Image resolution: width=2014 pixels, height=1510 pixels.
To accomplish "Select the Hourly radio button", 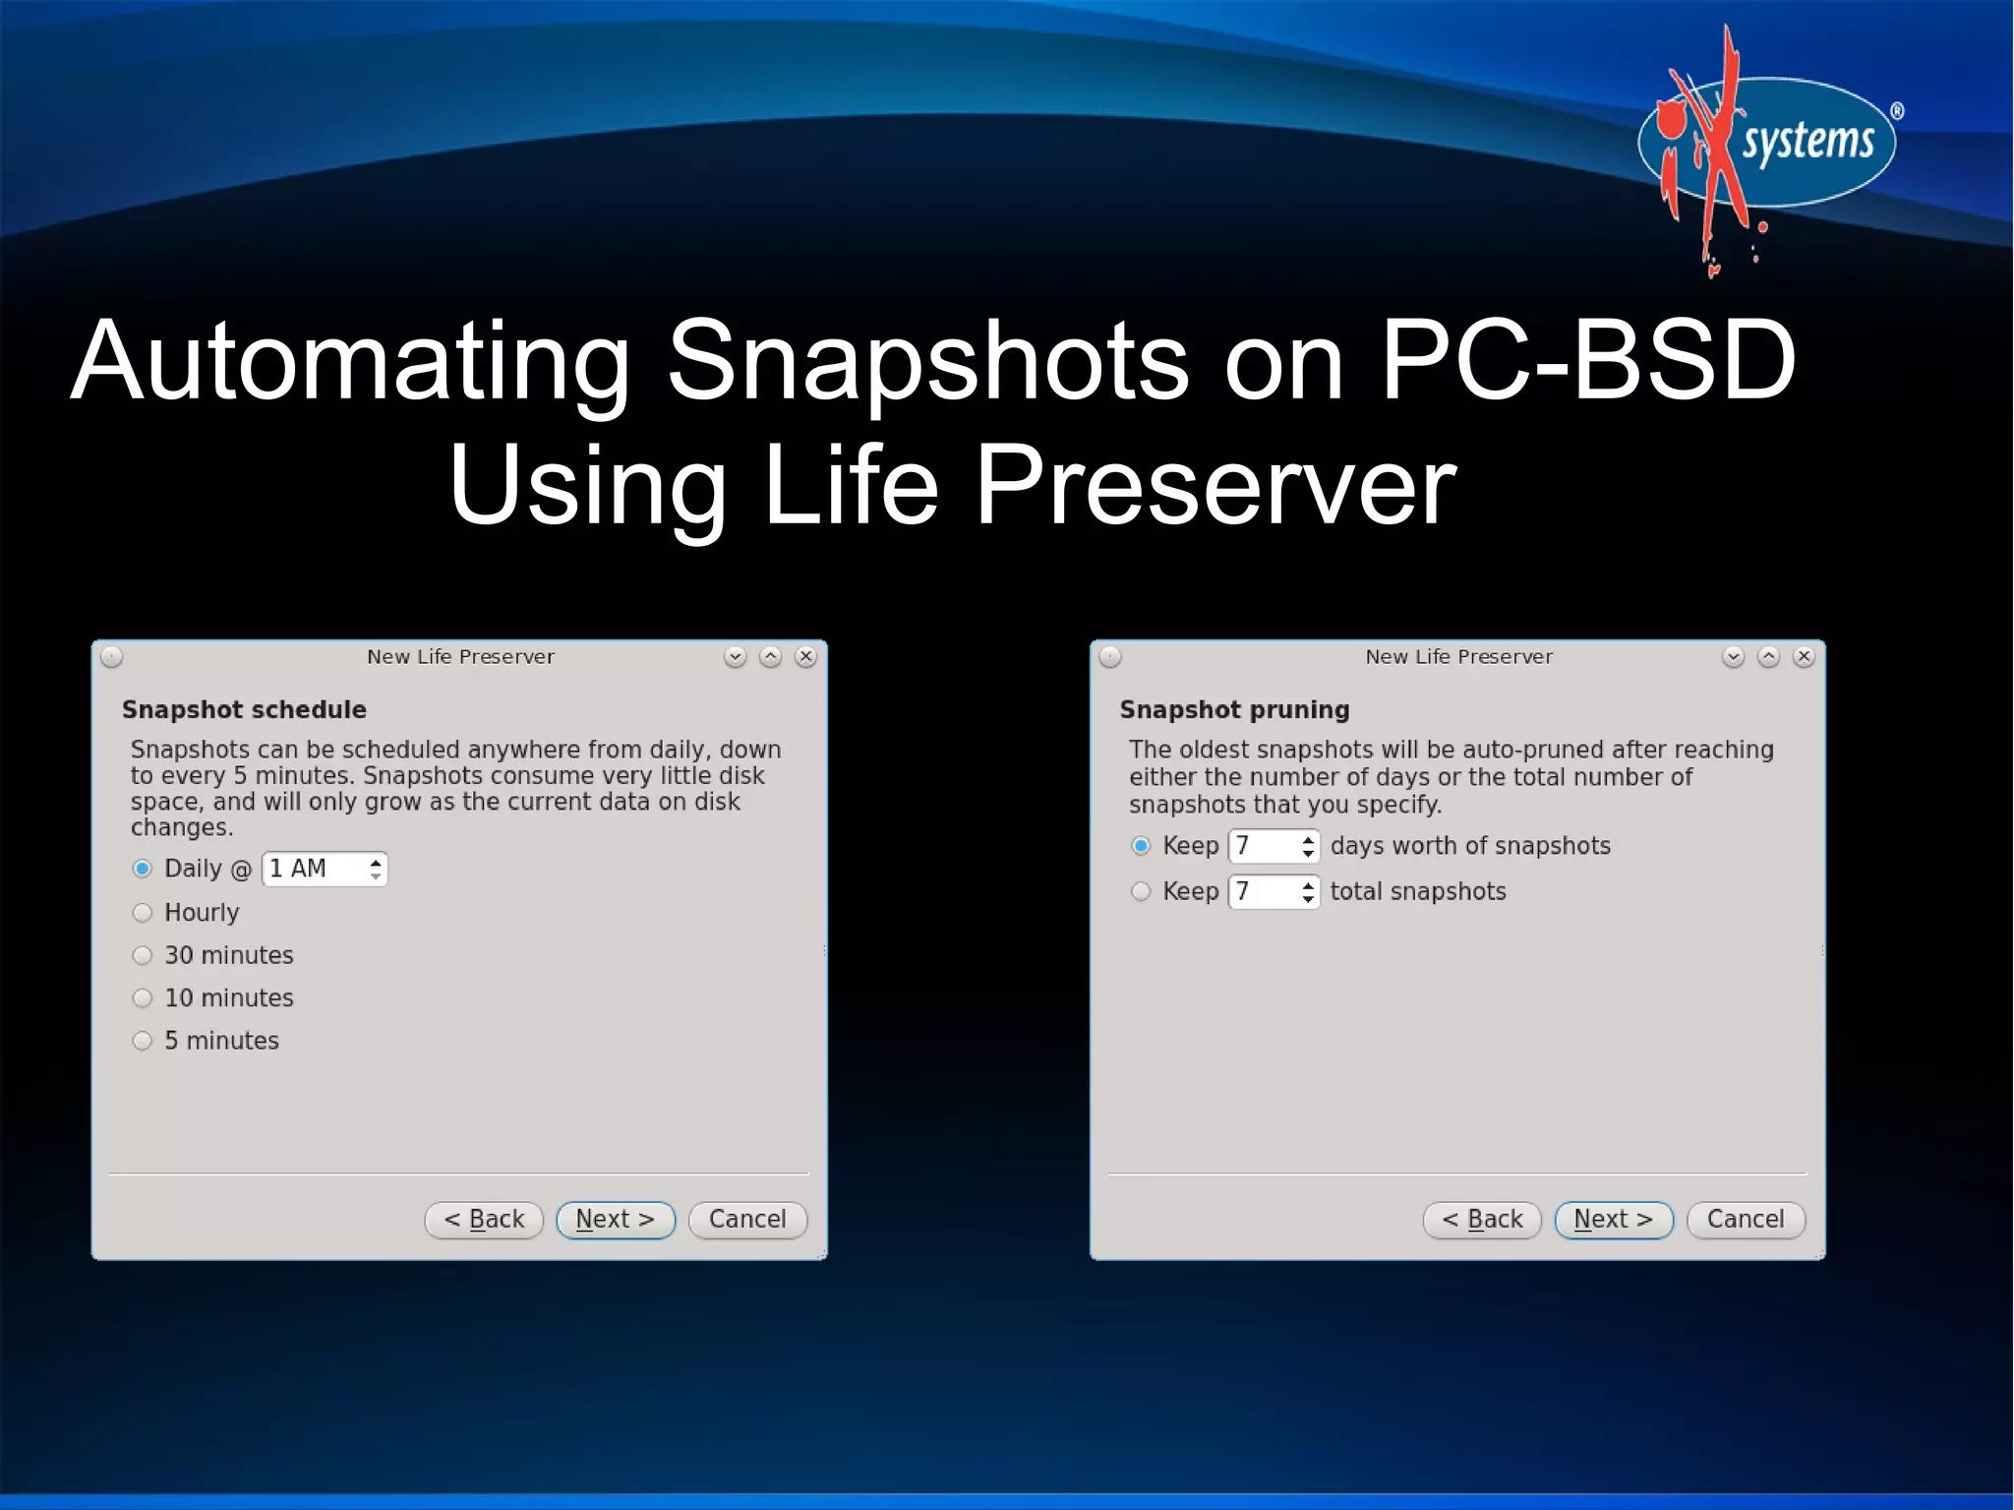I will point(143,913).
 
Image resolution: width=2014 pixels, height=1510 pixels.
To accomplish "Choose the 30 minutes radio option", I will point(143,955).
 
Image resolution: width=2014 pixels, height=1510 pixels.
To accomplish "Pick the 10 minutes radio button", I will point(143,998).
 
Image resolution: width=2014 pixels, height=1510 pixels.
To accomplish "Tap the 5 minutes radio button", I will point(143,1041).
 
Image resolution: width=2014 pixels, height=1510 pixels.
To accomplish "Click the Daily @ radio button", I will point(143,869).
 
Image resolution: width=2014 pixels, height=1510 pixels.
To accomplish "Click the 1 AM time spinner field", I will point(315,869).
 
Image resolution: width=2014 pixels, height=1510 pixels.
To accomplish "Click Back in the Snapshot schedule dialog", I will point(484,1220).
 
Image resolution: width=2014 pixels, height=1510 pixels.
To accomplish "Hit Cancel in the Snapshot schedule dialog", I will point(747,1220).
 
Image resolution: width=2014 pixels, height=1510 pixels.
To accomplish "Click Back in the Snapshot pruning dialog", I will point(1482,1220).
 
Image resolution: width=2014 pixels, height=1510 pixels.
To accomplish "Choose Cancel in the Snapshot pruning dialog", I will point(1746,1220).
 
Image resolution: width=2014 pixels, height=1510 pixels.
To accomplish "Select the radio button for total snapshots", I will point(1141,892).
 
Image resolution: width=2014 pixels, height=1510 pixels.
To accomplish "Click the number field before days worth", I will point(1264,846).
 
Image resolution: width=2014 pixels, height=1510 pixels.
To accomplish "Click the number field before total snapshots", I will point(1264,892).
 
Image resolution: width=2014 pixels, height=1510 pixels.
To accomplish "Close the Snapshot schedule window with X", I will point(806,657).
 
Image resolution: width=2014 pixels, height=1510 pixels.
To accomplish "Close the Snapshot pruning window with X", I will point(1805,657).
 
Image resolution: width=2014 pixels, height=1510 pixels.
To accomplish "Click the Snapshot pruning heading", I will point(1234,710).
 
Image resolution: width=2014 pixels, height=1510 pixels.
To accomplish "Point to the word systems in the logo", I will point(1807,142).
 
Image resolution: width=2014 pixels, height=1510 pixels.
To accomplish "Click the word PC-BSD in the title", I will point(1588,361).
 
